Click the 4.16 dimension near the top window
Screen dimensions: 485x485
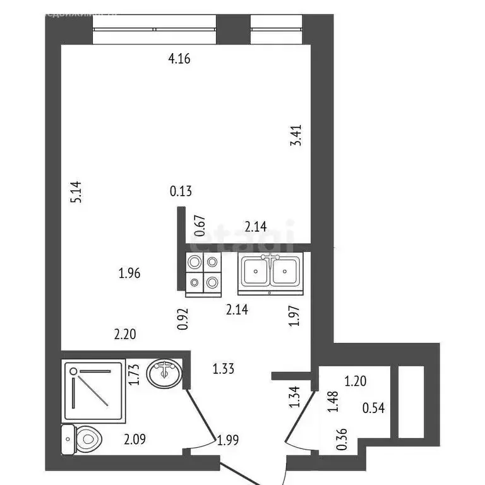[x=179, y=59]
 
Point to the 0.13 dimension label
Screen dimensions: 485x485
[x=181, y=191]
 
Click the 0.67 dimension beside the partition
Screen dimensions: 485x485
[x=199, y=225]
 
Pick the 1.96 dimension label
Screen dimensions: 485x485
[x=129, y=273]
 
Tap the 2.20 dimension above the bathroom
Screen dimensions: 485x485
[x=125, y=335]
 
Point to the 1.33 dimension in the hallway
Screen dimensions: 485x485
[x=224, y=368]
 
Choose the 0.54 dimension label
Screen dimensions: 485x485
[x=373, y=408]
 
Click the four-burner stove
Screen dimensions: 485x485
[x=204, y=273]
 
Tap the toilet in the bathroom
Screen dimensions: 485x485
[x=81, y=438]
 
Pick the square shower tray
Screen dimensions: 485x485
[x=95, y=392]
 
